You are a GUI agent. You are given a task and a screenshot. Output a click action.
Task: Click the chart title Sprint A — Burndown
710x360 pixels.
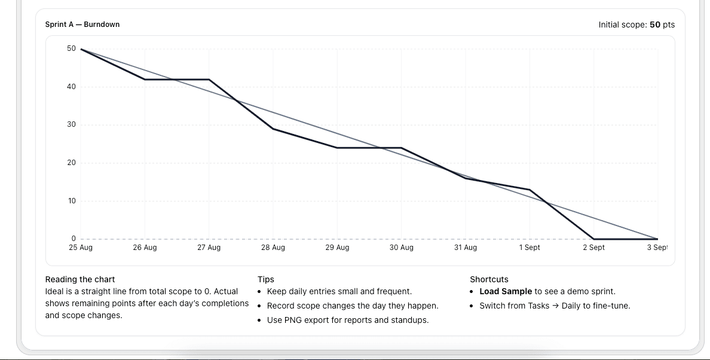(x=82, y=25)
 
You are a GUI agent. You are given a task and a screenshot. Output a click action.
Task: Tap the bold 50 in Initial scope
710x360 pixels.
(x=655, y=25)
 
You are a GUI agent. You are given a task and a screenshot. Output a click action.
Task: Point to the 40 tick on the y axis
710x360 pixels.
(x=71, y=87)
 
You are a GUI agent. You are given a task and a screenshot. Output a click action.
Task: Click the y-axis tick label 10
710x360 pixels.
(x=71, y=201)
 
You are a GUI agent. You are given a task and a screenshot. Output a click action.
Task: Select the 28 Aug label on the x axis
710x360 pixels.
(x=273, y=248)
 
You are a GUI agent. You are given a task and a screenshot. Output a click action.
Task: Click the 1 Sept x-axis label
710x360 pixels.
(x=530, y=248)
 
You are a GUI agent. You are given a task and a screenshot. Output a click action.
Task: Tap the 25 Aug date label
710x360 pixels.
(x=81, y=248)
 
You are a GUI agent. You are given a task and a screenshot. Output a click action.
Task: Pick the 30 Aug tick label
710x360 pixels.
(x=401, y=248)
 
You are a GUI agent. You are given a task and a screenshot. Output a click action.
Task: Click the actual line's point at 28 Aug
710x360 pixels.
(x=273, y=129)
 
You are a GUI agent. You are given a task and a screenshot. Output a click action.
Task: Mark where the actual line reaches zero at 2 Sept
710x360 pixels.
(x=593, y=239)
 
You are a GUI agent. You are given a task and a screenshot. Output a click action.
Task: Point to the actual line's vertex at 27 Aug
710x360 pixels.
(x=209, y=80)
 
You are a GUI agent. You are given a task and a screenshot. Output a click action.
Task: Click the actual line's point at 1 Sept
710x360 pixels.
(x=530, y=190)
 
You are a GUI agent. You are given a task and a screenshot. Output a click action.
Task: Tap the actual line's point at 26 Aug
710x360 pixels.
(x=145, y=80)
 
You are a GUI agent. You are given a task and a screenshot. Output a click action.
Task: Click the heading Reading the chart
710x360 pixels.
(x=80, y=279)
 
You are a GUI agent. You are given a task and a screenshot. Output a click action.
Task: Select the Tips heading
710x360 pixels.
(x=266, y=279)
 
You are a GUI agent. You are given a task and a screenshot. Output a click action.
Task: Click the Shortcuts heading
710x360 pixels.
(x=489, y=279)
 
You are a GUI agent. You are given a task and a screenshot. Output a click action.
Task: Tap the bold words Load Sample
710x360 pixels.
(x=506, y=292)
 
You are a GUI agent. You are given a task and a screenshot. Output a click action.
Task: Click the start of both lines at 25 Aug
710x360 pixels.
(x=81, y=49)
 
